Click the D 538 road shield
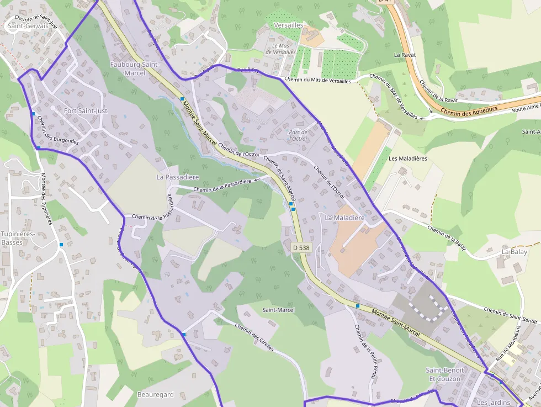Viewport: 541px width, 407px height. [301, 248]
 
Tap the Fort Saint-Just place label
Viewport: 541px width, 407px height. [86, 111]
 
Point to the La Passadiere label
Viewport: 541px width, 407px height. [178, 177]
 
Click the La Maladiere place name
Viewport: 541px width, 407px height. [345, 218]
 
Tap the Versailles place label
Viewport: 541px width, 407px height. [288, 25]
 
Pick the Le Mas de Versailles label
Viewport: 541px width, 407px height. [281, 49]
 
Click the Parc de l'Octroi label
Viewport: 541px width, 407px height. [298, 135]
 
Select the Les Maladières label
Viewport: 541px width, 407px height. [408, 158]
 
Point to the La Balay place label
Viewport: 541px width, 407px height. [515, 252]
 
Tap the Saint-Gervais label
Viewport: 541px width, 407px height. [28, 25]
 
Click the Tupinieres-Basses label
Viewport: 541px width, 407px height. [18, 238]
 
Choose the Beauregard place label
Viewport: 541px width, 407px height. [155, 394]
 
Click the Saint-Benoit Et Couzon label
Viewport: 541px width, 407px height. [445, 374]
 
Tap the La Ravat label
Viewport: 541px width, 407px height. [404, 55]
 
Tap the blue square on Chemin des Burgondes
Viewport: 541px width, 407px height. [34, 114]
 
